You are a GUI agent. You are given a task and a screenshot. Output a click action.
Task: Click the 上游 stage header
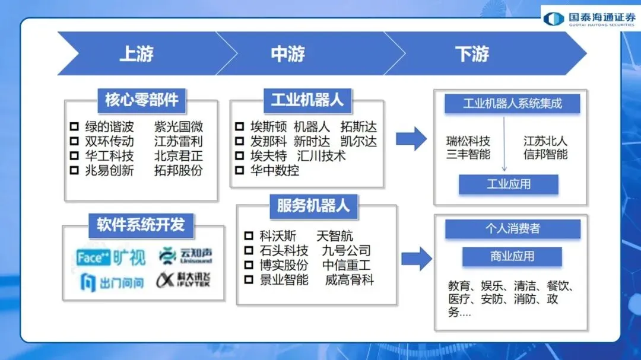(x=137, y=54)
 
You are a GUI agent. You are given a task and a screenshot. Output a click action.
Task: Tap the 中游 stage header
(x=288, y=54)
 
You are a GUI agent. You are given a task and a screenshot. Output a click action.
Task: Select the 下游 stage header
(x=472, y=54)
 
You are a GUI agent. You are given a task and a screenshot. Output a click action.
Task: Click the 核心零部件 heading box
(x=142, y=99)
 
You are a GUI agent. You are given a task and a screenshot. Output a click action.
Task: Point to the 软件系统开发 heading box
(x=141, y=224)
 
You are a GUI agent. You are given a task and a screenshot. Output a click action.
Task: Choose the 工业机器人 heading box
(x=307, y=99)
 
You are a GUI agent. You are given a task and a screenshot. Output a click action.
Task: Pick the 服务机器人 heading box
(x=313, y=206)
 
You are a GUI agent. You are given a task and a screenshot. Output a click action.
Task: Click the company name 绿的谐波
(x=109, y=126)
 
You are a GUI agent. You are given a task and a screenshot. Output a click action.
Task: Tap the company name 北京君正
(x=178, y=156)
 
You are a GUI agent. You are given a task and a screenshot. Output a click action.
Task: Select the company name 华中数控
(x=274, y=171)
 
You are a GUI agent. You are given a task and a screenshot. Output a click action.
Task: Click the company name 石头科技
(x=284, y=250)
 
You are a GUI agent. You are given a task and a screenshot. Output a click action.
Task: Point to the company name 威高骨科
(x=350, y=280)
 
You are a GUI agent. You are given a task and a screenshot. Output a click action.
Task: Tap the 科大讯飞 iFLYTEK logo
(x=184, y=280)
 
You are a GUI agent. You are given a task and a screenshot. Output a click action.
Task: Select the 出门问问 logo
(x=112, y=282)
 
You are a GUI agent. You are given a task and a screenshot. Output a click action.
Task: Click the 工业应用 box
(x=509, y=184)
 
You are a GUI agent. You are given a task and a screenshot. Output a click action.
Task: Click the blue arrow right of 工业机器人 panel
(x=411, y=138)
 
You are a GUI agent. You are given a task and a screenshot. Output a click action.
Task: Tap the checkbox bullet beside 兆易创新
(x=74, y=171)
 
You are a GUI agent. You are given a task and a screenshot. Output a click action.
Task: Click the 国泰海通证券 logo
(x=589, y=18)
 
